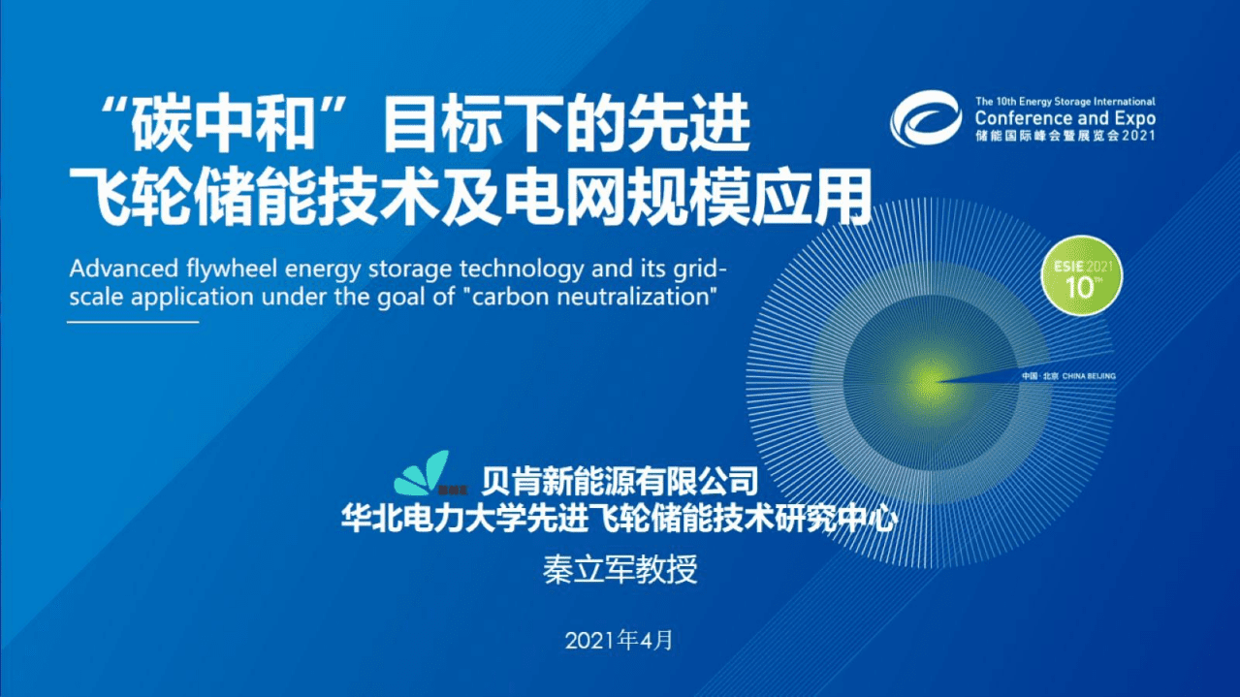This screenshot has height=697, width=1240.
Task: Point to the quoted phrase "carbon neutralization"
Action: pos(589,296)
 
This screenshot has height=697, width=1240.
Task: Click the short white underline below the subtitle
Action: pos(133,321)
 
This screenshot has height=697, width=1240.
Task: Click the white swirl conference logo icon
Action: pos(925,119)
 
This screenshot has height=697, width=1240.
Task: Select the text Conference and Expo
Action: pos(1065,118)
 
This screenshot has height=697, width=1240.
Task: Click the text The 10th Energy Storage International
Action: pos(1065,101)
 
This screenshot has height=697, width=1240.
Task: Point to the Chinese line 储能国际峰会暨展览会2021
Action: pos(1065,137)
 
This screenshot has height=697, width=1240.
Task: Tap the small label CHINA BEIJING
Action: pos(1089,375)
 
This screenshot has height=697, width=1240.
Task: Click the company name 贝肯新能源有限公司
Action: pos(618,478)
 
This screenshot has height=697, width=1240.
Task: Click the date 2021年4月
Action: pos(618,641)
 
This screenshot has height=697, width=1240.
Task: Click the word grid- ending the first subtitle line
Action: pos(715,268)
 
